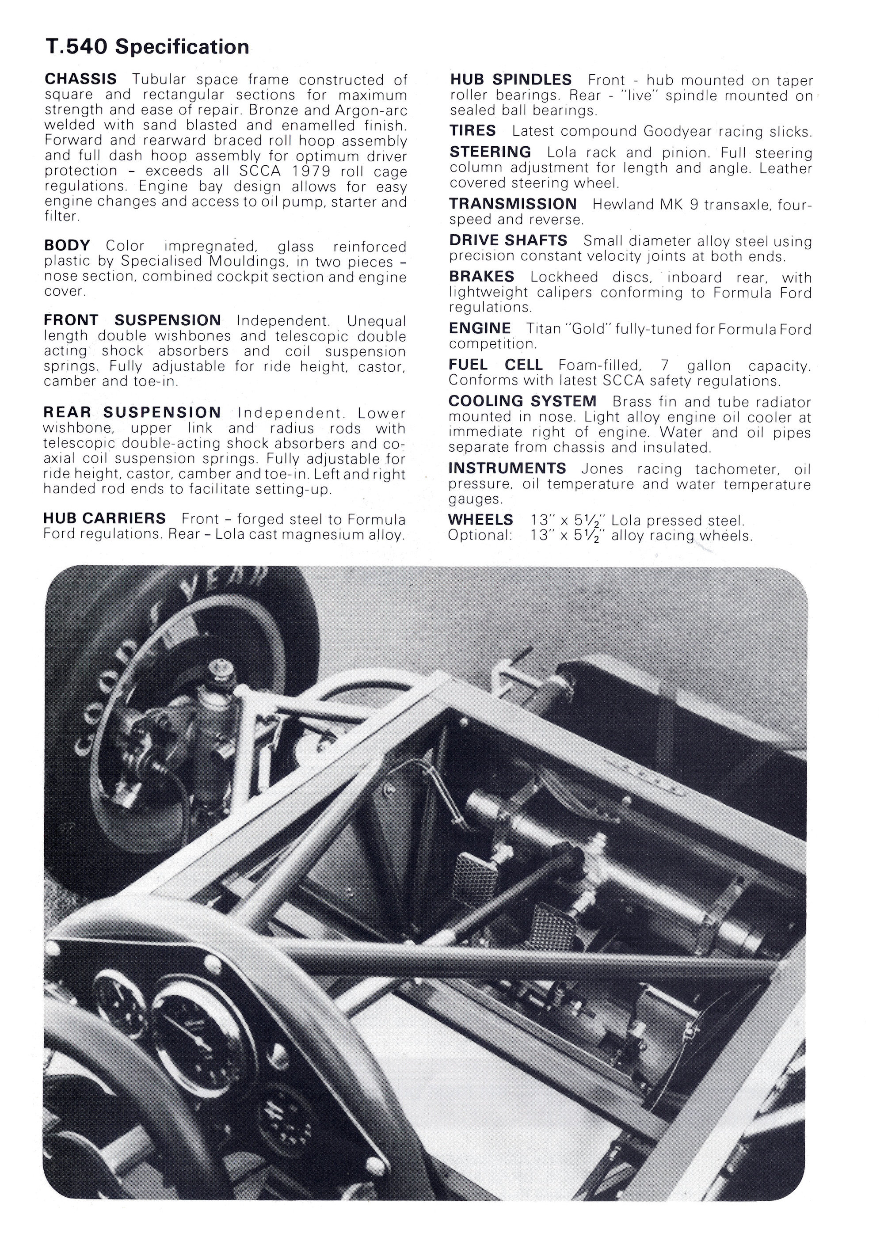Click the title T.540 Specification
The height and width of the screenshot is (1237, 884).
coord(147,47)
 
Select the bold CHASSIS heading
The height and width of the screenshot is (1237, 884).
coord(80,80)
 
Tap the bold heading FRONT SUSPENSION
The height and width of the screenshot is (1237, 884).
coord(132,320)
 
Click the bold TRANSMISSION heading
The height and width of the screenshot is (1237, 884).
coord(513,204)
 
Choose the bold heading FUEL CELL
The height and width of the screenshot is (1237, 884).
coord(495,365)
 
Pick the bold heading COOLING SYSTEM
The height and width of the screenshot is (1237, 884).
coord(522,402)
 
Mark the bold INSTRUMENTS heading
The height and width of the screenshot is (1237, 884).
coord(507,468)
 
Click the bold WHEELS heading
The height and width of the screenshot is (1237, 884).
coord(480,520)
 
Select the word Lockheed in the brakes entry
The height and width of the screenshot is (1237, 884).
coord(564,278)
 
